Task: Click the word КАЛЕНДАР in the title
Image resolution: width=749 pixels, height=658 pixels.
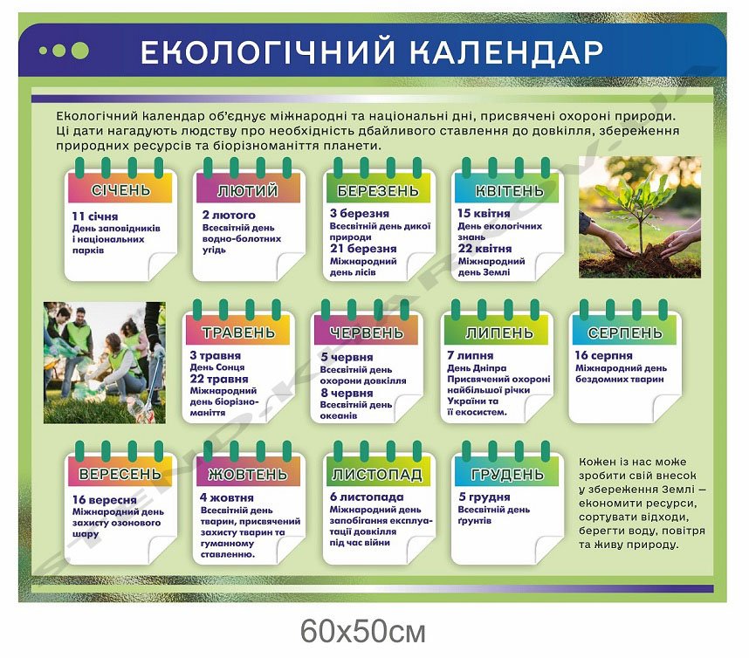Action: [507, 51]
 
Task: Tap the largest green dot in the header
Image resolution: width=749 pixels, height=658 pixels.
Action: [79, 51]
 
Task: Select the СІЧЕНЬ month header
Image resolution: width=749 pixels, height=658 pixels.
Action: [120, 190]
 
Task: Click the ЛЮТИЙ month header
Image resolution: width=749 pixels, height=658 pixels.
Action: [248, 190]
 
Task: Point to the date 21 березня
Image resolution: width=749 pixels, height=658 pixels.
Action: [363, 249]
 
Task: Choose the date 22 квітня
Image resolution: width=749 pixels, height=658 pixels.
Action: [484, 249]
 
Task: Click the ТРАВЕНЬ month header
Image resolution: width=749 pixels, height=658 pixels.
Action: [238, 332]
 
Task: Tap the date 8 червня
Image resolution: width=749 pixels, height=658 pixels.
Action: [347, 393]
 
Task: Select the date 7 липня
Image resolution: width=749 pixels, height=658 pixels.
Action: [471, 356]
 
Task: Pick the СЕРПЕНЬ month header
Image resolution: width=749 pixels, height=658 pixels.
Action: [625, 332]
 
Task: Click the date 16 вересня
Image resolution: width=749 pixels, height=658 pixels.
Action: [105, 500]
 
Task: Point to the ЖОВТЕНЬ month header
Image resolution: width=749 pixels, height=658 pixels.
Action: [248, 474]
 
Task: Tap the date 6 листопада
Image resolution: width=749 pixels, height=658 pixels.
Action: [367, 497]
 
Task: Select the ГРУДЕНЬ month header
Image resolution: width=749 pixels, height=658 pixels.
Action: [507, 474]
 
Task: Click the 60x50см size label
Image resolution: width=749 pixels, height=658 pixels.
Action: [363, 631]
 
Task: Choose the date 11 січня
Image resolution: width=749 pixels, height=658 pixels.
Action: [95, 216]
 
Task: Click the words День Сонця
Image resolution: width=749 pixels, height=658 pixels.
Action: [217, 367]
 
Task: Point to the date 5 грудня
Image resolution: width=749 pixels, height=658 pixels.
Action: [484, 497]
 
